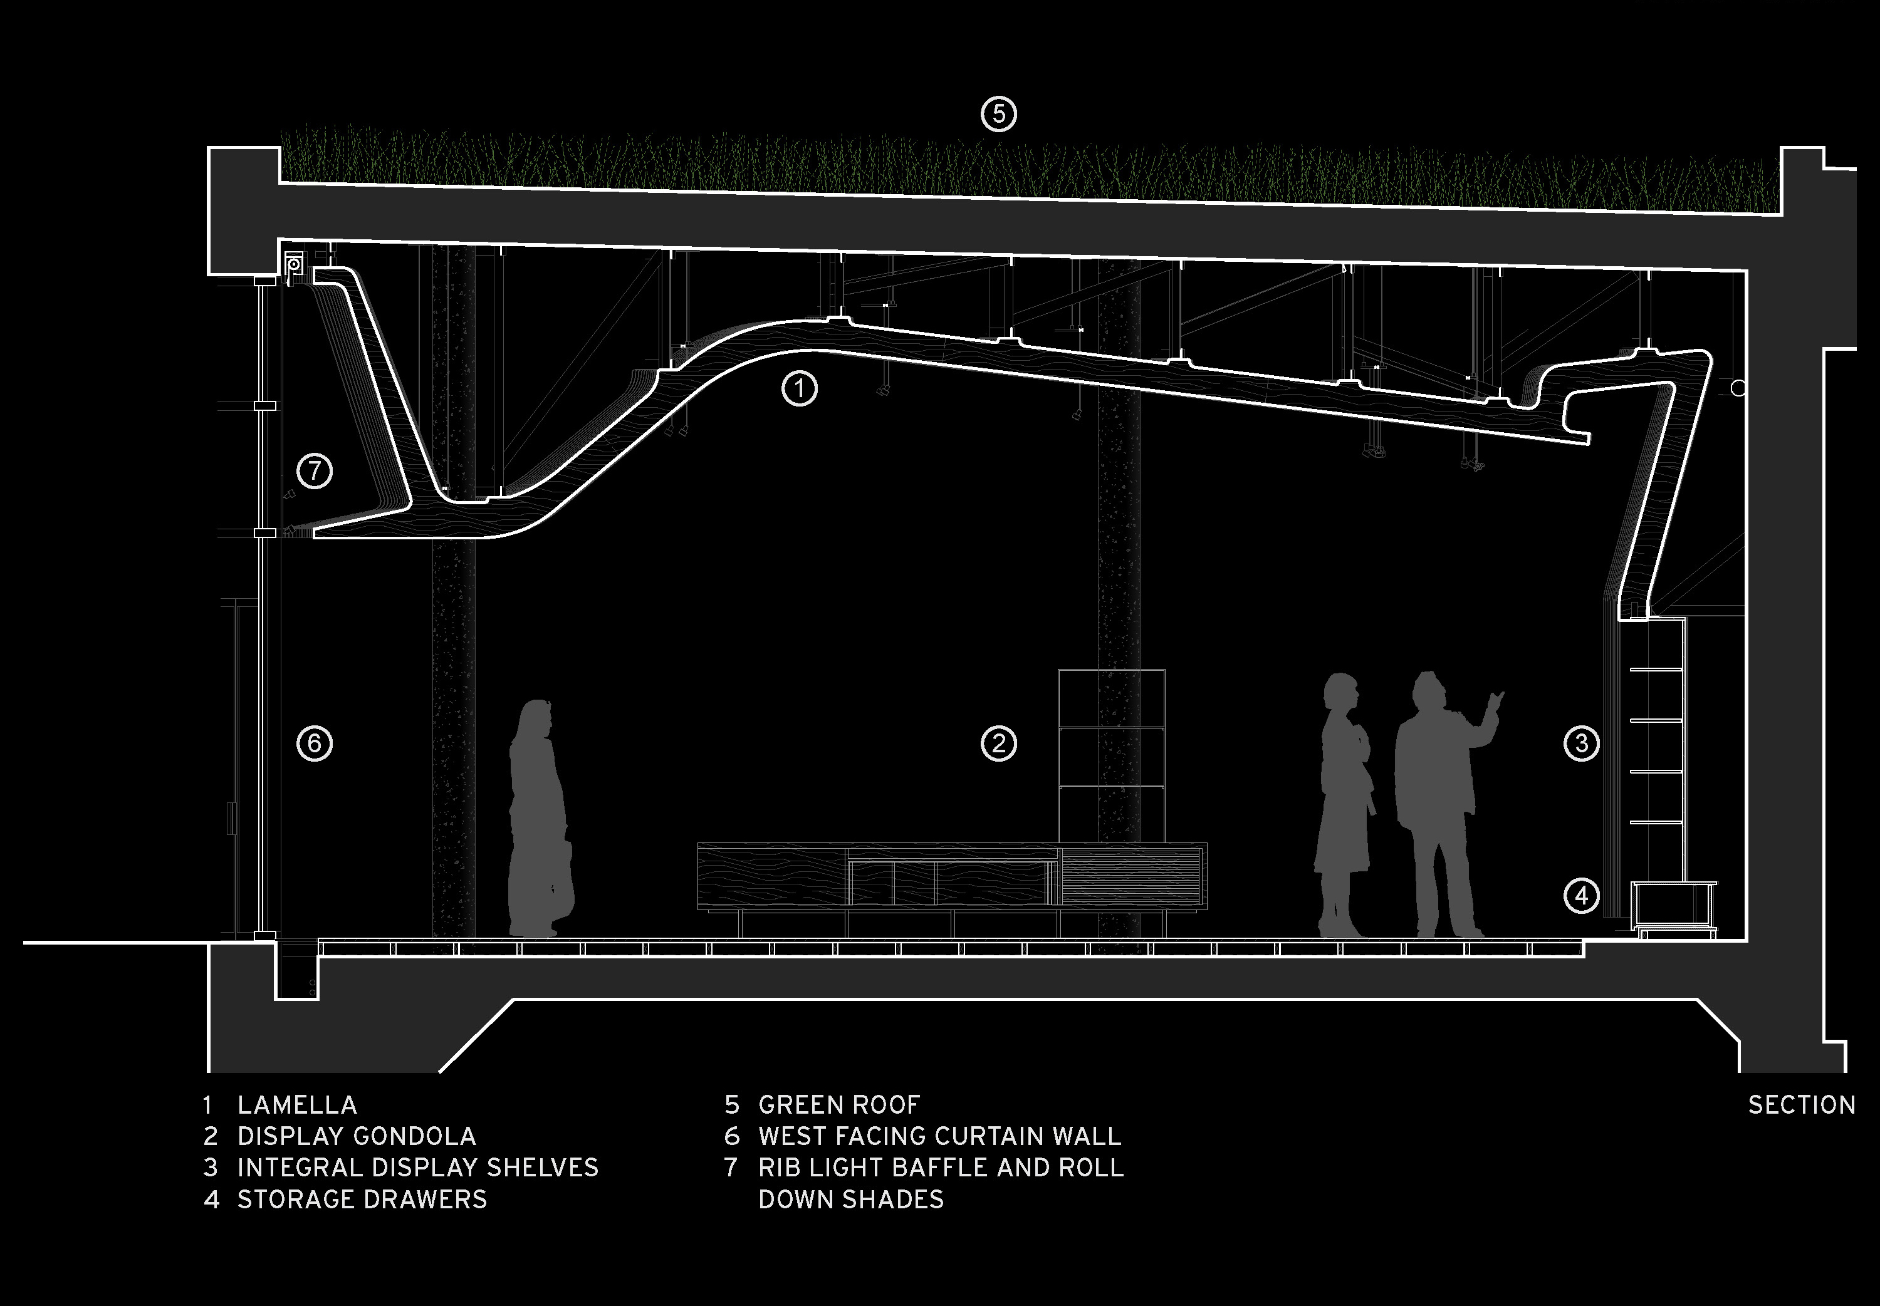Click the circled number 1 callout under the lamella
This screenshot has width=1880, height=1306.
799,389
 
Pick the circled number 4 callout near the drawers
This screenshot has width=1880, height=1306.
1580,896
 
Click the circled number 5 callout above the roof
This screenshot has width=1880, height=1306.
998,115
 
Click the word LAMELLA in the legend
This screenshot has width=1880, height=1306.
297,1105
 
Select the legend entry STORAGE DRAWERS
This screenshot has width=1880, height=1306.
362,1200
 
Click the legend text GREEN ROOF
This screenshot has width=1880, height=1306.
840,1105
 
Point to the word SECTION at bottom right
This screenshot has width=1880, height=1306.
1802,1105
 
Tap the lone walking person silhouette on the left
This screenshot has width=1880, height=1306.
540,818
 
